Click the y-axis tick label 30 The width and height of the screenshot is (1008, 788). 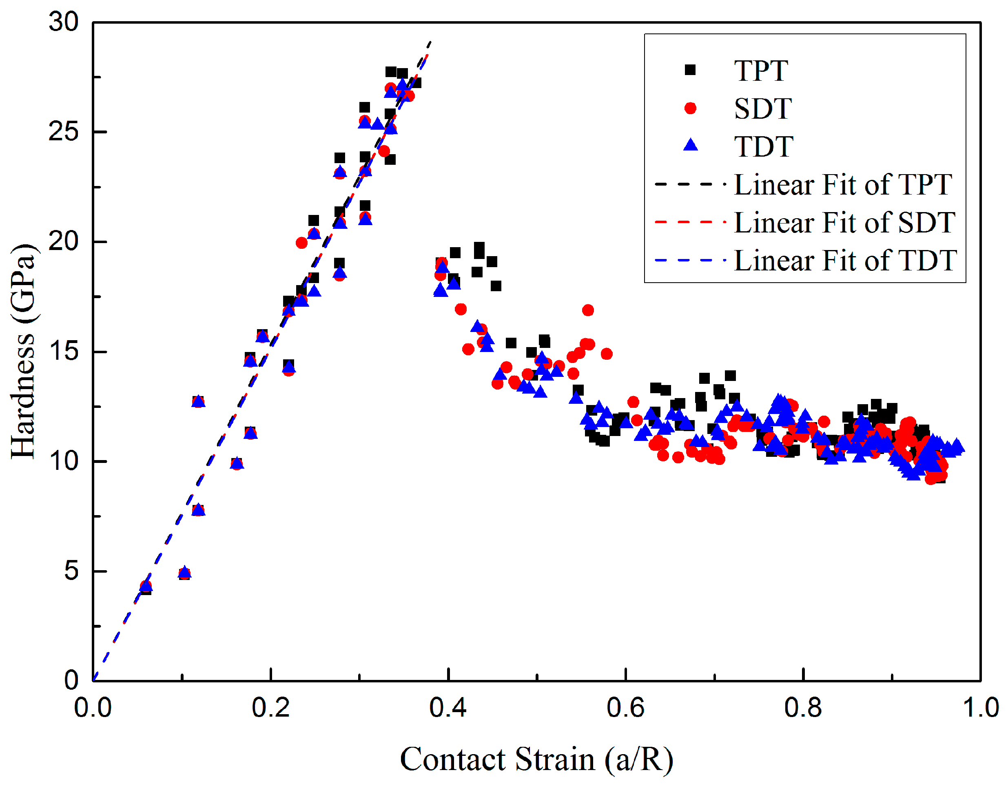(x=64, y=22)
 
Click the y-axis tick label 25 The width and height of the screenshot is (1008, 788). (x=64, y=132)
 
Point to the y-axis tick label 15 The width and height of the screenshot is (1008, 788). (x=64, y=352)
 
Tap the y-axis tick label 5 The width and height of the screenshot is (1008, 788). (x=71, y=571)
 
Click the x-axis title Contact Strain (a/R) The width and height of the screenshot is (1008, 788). (x=536, y=759)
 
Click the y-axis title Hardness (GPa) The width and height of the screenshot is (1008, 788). (x=23, y=352)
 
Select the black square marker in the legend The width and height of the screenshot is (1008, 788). (x=690, y=70)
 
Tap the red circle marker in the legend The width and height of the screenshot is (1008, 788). (x=690, y=108)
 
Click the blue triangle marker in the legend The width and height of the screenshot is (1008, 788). (x=690, y=145)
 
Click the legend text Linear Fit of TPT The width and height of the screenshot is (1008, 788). (x=843, y=184)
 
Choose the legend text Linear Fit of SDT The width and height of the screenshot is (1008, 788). (x=844, y=222)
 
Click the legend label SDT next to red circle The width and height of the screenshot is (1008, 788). (x=763, y=109)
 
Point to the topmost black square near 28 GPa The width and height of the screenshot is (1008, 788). (x=391, y=72)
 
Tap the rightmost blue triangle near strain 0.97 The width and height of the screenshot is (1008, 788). (x=957, y=446)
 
